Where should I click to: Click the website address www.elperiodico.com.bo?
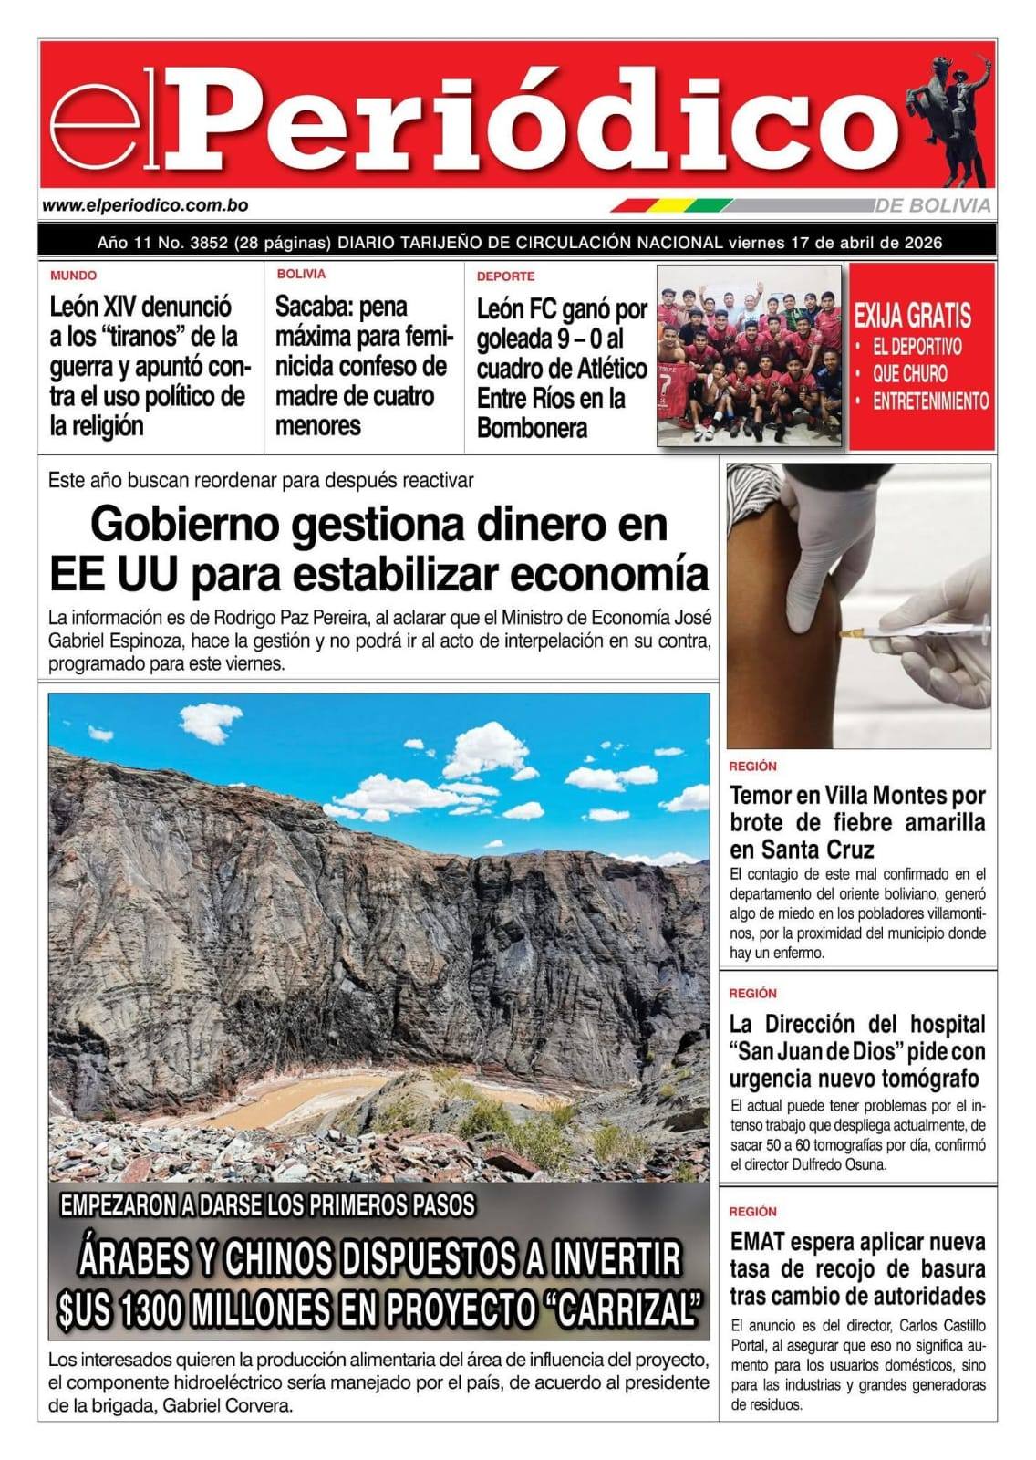click(x=145, y=206)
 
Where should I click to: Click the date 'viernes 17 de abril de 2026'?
click(x=834, y=243)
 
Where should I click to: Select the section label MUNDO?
click(x=73, y=275)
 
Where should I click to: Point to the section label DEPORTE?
click(x=505, y=276)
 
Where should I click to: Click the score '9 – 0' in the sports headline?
click(x=595, y=339)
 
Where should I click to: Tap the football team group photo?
click(x=749, y=355)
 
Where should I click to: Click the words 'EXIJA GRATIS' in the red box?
click(x=912, y=317)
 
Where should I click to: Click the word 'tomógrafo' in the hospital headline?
click(x=930, y=1079)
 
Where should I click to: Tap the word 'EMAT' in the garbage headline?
click(x=756, y=1242)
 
